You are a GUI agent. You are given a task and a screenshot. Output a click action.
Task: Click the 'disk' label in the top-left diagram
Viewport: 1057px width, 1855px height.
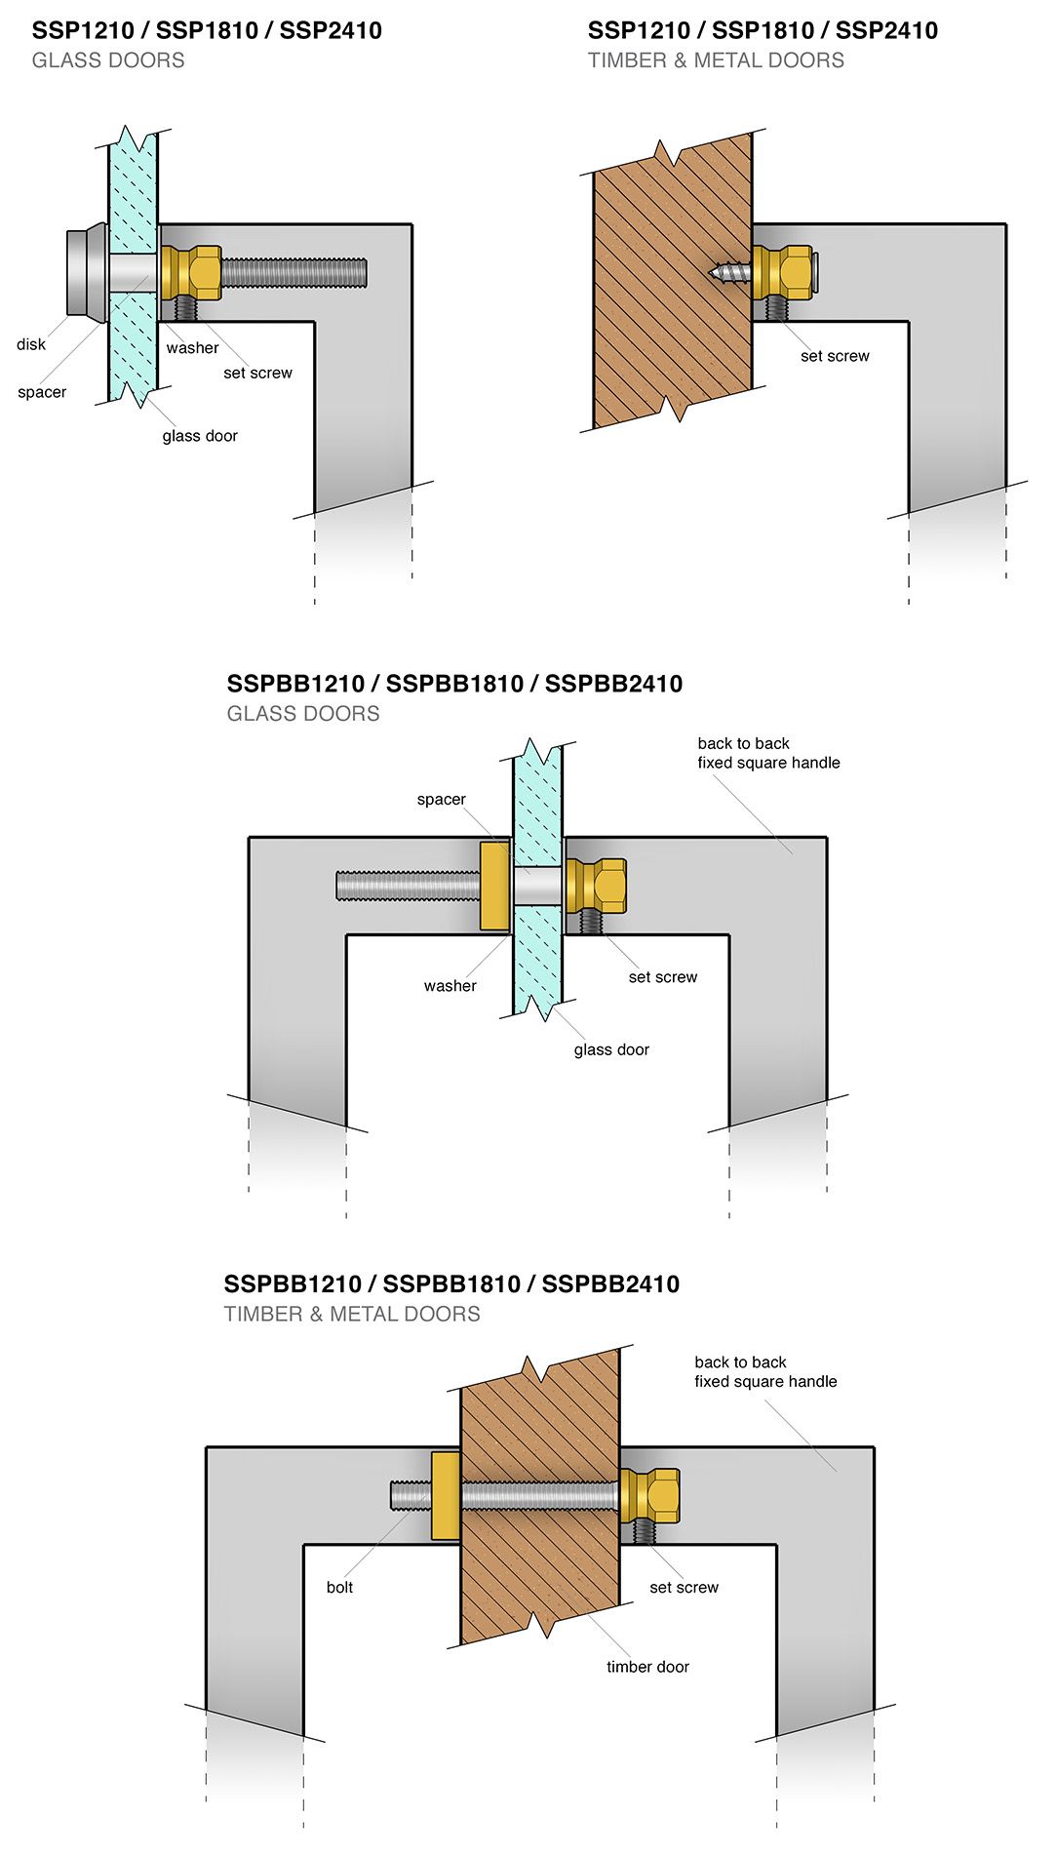(x=31, y=344)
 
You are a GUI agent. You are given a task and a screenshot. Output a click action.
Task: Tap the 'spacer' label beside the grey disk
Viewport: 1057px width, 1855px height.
(x=42, y=392)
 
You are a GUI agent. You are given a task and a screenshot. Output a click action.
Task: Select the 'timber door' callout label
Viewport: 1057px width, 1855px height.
(x=647, y=1667)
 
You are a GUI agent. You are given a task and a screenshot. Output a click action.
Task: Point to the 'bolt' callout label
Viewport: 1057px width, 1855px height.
(x=339, y=1587)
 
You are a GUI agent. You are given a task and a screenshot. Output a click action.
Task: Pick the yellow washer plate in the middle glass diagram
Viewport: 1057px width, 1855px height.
(x=494, y=886)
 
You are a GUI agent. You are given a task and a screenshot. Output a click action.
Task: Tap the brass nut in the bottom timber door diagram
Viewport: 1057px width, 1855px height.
(x=651, y=1495)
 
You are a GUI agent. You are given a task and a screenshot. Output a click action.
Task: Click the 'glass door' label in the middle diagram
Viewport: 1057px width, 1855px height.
(x=611, y=1049)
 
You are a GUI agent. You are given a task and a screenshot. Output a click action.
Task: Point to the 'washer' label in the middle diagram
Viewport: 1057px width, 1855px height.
(x=450, y=986)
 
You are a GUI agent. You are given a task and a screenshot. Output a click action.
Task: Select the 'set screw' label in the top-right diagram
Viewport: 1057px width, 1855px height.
(x=835, y=356)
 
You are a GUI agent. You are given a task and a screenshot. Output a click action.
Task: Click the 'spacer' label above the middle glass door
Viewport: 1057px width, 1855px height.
(x=441, y=800)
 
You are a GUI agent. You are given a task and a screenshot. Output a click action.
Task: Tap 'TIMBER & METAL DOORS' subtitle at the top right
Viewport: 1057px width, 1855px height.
(x=716, y=60)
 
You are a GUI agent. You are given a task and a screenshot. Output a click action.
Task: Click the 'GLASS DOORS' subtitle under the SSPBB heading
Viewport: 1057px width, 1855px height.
(x=303, y=714)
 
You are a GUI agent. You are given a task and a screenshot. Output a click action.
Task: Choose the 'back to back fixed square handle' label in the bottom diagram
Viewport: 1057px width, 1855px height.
(x=765, y=1371)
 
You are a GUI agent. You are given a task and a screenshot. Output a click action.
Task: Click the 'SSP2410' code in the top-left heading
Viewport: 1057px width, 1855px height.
(x=331, y=30)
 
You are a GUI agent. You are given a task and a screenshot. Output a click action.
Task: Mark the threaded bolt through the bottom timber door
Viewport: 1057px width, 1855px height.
(x=536, y=1495)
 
